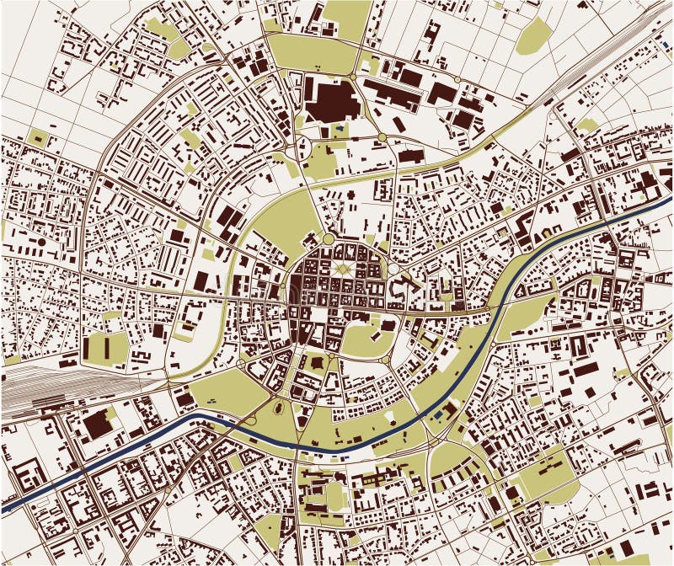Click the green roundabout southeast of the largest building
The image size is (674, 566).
[382, 136]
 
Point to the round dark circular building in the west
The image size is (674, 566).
[41, 243]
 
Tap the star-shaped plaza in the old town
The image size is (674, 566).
[341, 269]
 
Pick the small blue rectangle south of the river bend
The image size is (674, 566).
[437, 415]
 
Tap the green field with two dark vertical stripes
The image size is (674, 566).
[105, 348]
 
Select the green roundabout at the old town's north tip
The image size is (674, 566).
[328, 238]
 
